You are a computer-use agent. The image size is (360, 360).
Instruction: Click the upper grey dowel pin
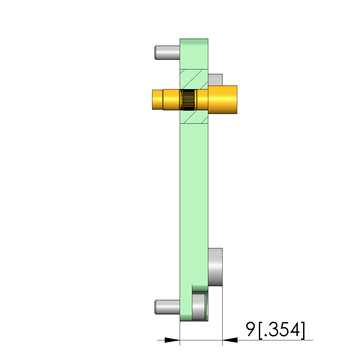pyautogui.click(x=167, y=53)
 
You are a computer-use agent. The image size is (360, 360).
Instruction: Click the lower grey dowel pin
pyautogui.click(x=167, y=307)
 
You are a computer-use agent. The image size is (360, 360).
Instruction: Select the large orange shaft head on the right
pyautogui.click(x=223, y=100)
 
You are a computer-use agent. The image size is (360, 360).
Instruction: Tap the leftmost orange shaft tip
pyautogui.click(x=158, y=100)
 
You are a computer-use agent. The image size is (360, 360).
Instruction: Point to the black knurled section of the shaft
pyautogui.click(x=188, y=100)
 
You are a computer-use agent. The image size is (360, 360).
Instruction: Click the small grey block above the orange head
pyautogui.click(x=215, y=80)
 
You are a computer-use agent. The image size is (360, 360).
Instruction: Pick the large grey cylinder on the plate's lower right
pyautogui.click(x=215, y=267)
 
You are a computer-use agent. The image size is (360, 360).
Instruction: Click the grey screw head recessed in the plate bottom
pyautogui.click(x=199, y=307)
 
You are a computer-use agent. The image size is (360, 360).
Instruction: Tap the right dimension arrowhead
pyautogui.click(x=230, y=340)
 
